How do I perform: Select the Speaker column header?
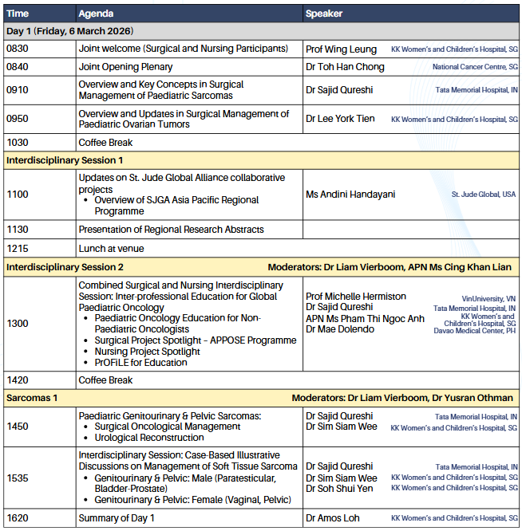click(x=325, y=14)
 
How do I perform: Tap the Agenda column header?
click(x=96, y=14)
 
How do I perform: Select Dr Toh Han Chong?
click(x=345, y=67)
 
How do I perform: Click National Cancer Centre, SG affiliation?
click(x=474, y=67)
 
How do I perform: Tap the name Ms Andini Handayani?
click(x=350, y=195)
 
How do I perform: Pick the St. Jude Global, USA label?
click(x=484, y=195)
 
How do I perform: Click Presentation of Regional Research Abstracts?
click(x=171, y=230)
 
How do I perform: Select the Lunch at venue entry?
click(x=111, y=248)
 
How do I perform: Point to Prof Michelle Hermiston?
click(x=356, y=297)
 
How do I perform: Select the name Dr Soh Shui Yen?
click(x=339, y=489)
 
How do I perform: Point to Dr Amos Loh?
click(x=333, y=518)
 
